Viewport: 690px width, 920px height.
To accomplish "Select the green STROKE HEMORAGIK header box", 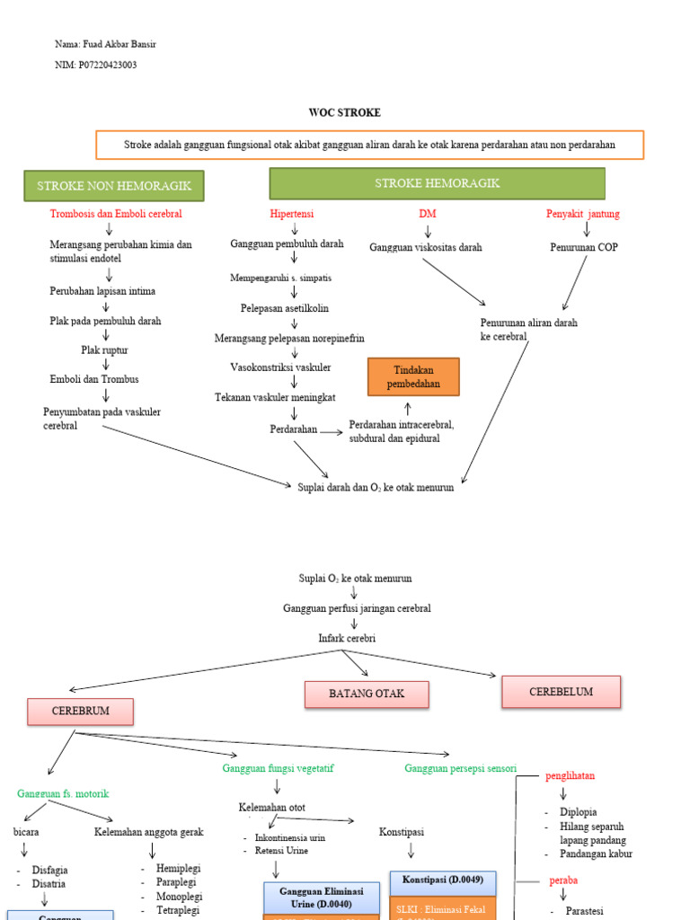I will point(437,183).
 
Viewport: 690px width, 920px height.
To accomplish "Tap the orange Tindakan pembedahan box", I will point(413,376).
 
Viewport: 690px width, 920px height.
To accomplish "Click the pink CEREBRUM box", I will point(81,712).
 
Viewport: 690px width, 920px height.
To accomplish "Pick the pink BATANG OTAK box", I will point(367,694).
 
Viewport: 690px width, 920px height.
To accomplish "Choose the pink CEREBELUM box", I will point(561,692).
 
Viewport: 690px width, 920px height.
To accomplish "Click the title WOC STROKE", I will point(344,113).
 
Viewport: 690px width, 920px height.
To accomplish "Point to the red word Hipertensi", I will point(292,214).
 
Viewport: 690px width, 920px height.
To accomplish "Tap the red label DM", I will point(427,214).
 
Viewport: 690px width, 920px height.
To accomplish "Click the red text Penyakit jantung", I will point(583,214).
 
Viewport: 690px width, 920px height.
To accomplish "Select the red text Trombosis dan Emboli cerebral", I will point(116,214).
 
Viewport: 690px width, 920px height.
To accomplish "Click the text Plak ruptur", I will point(106,349).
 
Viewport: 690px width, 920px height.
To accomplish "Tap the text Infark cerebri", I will point(347,638).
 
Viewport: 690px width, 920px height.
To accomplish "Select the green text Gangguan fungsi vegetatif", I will point(283,769).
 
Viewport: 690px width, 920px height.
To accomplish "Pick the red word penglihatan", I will point(571,775).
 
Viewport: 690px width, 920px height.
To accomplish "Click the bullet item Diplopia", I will point(578,812).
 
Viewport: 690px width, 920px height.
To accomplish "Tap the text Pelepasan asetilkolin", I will point(285,308).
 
